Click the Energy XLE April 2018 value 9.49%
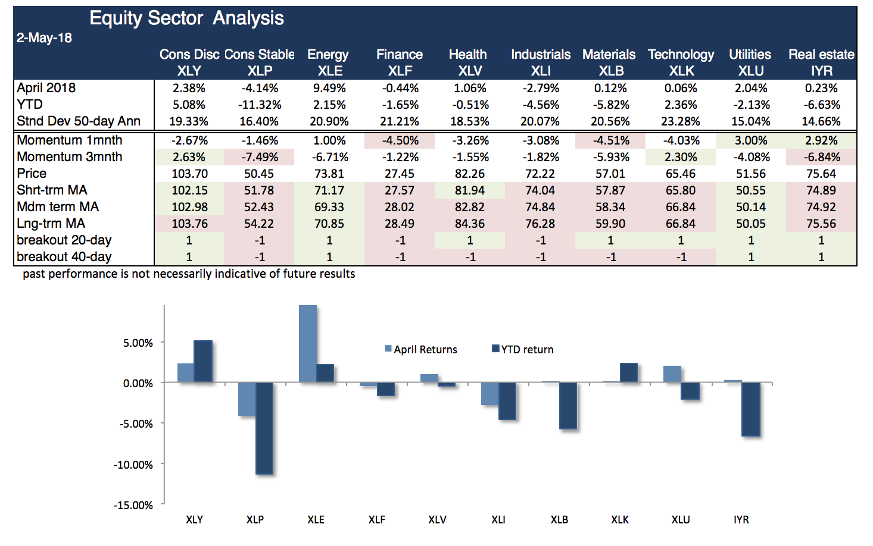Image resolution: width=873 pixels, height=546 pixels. pos(329,88)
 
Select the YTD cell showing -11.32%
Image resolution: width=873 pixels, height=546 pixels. pos(259,105)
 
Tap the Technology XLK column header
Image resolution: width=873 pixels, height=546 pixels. pos(681,62)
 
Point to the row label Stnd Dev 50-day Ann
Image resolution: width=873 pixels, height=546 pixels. pos(79,121)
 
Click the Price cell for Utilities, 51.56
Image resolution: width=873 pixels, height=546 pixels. pos(750,174)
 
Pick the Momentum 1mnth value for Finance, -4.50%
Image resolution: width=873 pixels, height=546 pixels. pos(400,140)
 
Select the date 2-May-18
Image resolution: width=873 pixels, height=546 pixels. pos(44,38)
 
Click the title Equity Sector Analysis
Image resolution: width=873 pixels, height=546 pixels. pos(186,18)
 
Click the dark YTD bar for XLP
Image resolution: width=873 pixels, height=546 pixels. pos(264,428)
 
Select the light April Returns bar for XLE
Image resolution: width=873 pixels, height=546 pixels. pos(307,344)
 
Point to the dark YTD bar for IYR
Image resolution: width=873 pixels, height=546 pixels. pos(750,409)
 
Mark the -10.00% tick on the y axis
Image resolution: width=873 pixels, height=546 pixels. pos(133,465)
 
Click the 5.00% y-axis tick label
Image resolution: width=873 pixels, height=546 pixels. pos(138,343)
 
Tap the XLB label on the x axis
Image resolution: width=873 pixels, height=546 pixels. pos(559,519)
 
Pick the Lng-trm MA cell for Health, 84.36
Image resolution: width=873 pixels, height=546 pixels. pos(470,224)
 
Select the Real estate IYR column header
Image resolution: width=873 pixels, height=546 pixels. pos(821,62)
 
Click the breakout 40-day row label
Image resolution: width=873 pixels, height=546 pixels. pos(64,257)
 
